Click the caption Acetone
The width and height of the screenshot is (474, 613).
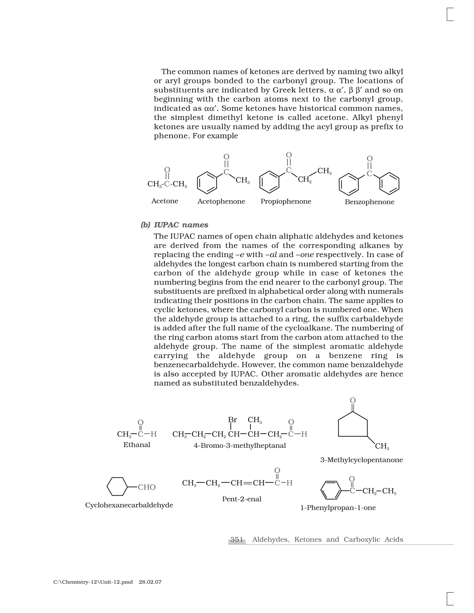[x=165, y=201]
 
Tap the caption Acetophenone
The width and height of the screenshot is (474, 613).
[x=221, y=201]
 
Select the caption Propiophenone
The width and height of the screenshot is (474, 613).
[x=286, y=201]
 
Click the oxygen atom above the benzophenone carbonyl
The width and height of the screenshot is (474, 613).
[x=370, y=159]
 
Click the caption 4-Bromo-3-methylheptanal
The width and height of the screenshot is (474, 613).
[x=240, y=446]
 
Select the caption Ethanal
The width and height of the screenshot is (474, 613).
[x=137, y=445]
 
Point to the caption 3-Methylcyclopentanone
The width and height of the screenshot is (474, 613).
[x=361, y=460]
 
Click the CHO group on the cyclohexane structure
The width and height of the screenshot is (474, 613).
[x=146, y=487]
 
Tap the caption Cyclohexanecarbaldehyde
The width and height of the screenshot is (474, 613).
[x=129, y=505]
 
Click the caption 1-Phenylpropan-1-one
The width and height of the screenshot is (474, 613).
[x=338, y=508]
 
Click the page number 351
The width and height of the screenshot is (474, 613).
[x=237, y=539]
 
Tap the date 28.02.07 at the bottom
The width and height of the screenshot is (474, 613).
[x=150, y=582]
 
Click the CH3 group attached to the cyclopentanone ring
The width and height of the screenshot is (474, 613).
[x=382, y=446]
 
